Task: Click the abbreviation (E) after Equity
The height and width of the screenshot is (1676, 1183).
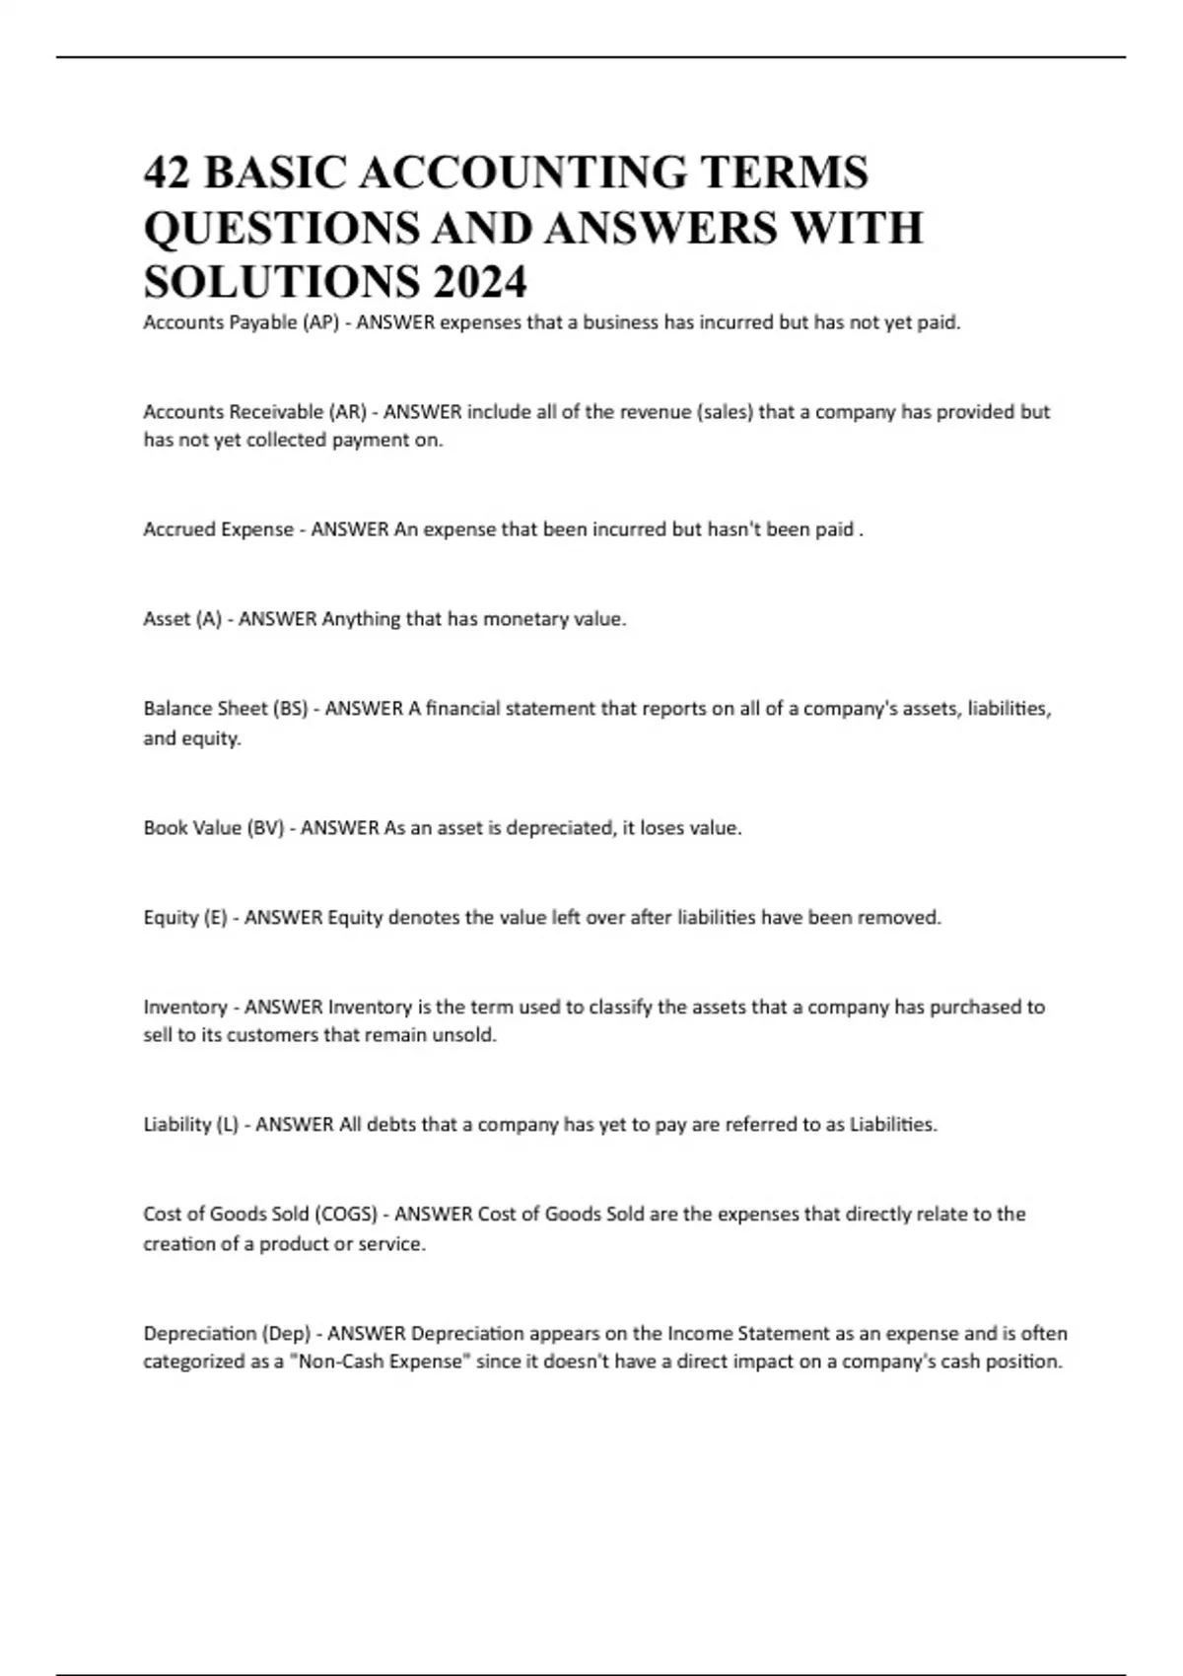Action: coord(215,918)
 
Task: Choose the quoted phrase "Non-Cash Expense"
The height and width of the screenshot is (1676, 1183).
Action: coord(380,1362)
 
